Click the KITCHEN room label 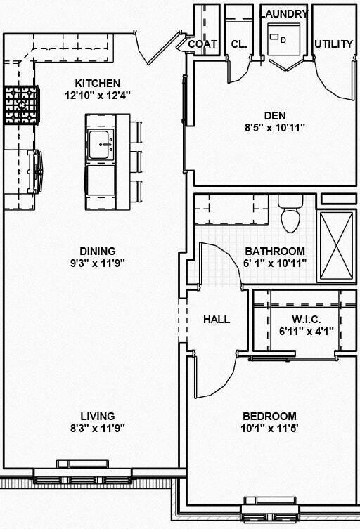[x=98, y=83]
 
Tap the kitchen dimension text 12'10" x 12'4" [x=98, y=96]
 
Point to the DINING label [x=98, y=251]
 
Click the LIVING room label [x=97, y=416]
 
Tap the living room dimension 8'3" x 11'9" [x=97, y=428]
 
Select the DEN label [x=274, y=115]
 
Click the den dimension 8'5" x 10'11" [x=274, y=128]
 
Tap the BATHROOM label [x=275, y=251]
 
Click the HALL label [x=217, y=319]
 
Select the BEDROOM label [x=270, y=416]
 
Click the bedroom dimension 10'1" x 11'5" [x=270, y=428]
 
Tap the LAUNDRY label [x=284, y=14]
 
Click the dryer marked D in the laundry [x=284, y=40]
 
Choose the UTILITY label [x=334, y=44]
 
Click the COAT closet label [x=202, y=44]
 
